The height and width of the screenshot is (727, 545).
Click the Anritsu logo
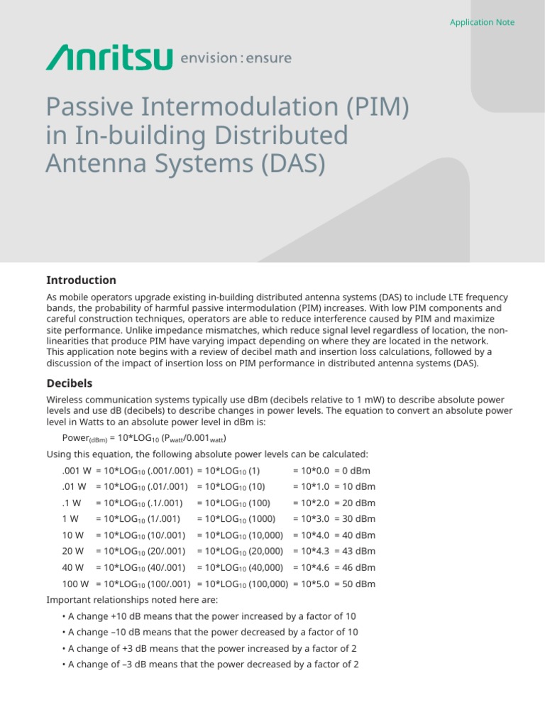(109, 58)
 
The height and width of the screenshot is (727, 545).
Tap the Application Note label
(482, 22)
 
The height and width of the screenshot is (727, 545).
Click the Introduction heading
(81, 280)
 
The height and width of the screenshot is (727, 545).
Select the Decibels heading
(70, 383)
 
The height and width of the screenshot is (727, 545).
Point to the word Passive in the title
(88, 107)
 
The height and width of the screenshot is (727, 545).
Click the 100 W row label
(75, 584)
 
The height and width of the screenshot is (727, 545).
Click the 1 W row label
(70, 519)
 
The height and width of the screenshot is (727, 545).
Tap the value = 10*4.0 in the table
(311, 535)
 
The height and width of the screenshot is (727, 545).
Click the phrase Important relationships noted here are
(122, 600)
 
